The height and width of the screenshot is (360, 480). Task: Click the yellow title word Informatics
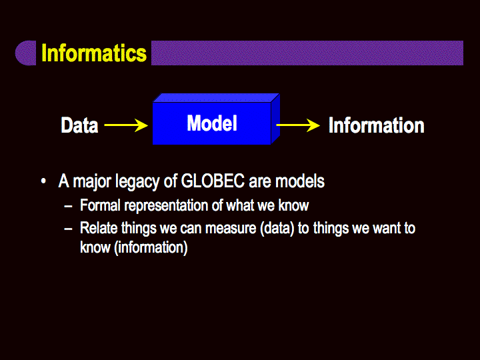tap(94, 53)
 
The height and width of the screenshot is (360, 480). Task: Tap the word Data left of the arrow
tap(79, 125)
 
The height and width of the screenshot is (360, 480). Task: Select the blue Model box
tap(216, 119)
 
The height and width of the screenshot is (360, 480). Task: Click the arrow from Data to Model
tap(126, 125)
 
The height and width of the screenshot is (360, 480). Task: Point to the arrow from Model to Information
tap(298, 125)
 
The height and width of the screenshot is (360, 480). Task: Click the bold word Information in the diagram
tap(377, 125)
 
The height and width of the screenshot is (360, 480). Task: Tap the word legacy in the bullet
tap(137, 181)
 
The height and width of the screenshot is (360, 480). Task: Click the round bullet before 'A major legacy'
tap(43, 181)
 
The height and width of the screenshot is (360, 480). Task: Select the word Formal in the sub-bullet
tap(100, 205)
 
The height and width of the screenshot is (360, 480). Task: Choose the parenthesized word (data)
tap(277, 229)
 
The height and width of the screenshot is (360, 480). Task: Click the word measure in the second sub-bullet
tap(231, 229)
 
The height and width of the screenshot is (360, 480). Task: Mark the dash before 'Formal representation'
tap(68, 206)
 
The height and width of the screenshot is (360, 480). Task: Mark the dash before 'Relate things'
tap(68, 229)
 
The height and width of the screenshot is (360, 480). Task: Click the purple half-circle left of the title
tap(26, 53)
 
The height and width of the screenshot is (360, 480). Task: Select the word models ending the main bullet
tap(300, 181)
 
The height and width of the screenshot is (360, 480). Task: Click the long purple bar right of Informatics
tap(307, 53)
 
